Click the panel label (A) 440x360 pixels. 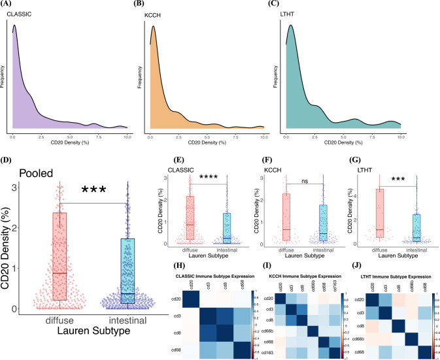coord(12,6)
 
